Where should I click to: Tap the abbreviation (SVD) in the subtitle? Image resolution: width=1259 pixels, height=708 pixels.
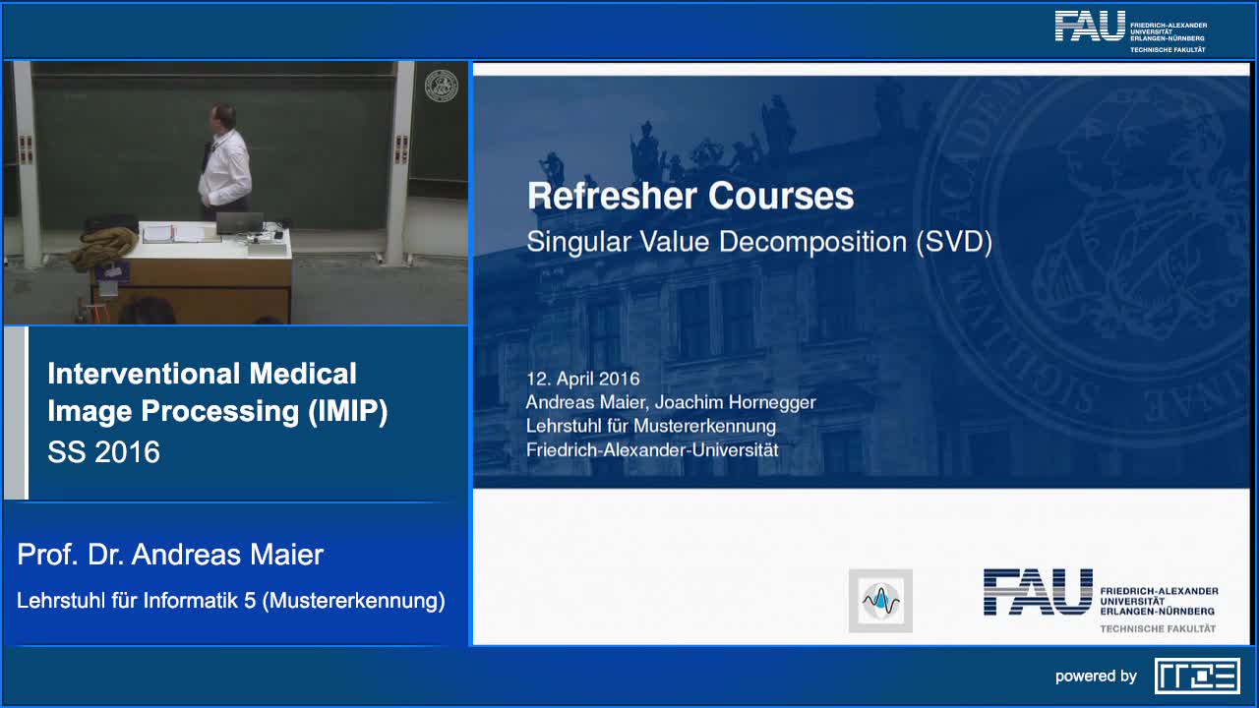(x=954, y=242)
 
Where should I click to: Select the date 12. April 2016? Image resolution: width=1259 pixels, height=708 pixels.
(x=583, y=379)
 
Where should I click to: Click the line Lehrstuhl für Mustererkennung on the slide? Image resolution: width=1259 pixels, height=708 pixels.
(x=651, y=426)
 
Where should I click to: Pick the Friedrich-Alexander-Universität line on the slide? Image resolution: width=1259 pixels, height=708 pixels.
(x=652, y=450)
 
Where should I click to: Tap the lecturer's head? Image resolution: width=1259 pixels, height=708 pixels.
(x=222, y=117)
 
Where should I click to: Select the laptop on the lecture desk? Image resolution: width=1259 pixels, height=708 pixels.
(x=240, y=223)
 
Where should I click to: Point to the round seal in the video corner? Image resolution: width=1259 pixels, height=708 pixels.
(x=442, y=86)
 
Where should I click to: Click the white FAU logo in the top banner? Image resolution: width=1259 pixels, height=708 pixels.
(x=1131, y=31)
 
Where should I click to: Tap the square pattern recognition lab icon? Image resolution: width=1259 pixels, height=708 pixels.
(x=880, y=601)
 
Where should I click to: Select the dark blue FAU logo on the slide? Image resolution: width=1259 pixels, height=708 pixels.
(x=1101, y=601)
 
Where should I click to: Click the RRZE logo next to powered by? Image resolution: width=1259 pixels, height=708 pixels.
(x=1197, y=676)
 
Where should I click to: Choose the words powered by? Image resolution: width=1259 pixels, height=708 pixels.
(x=1096, y=676)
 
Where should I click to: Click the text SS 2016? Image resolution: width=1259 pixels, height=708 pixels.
(x=104, y=451)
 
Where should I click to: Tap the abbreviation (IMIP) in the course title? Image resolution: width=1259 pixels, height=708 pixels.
(x=348, y=411)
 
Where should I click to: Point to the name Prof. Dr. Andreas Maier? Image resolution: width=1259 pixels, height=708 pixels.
(x=170, y=555)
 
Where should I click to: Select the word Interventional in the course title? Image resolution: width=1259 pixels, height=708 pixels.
(x=144, y=374)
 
